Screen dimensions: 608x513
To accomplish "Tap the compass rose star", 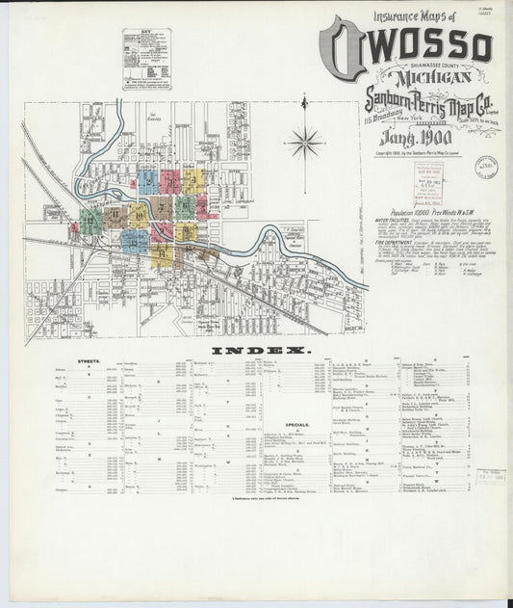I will pyautogui.click(x=305, y=144).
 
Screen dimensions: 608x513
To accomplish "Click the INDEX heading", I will pyautogui.click(x=256, y=350).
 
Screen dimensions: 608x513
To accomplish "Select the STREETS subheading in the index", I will pyautogui.click(x=90, y=364).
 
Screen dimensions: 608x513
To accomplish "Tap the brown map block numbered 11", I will pyautogui.click(x=115, y=214).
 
